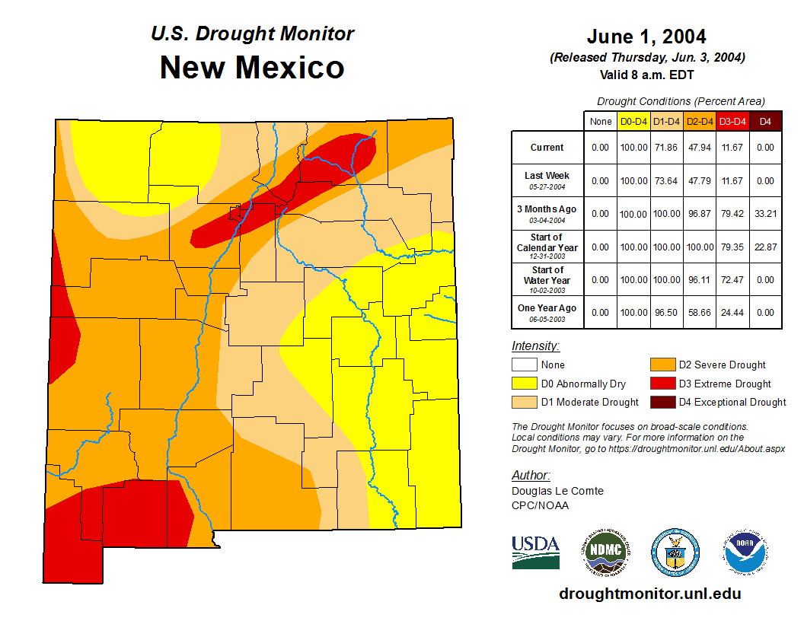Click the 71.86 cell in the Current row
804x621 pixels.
tap(667, 148)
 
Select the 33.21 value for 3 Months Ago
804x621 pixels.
tap(766, 214)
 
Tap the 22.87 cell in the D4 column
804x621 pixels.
tap(766, 247)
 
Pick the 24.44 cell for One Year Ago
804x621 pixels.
tap(732, 312)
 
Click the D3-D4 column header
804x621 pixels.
tap(732, 121)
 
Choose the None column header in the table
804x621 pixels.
tap(601, 121)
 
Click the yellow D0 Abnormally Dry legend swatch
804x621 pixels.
tap(525, 384)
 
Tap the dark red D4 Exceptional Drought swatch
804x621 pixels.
tap(662, 402)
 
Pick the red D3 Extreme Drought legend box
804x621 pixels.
tap(662, 384)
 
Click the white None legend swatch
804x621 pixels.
tap(525, 365)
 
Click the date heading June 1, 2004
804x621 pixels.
tap(646, 36)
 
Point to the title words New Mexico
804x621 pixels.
tap(252, 68)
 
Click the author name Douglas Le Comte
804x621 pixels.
tap(557, 491)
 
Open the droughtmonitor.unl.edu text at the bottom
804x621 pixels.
tap(649, 594)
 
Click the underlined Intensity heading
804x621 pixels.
tap(535, 346)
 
